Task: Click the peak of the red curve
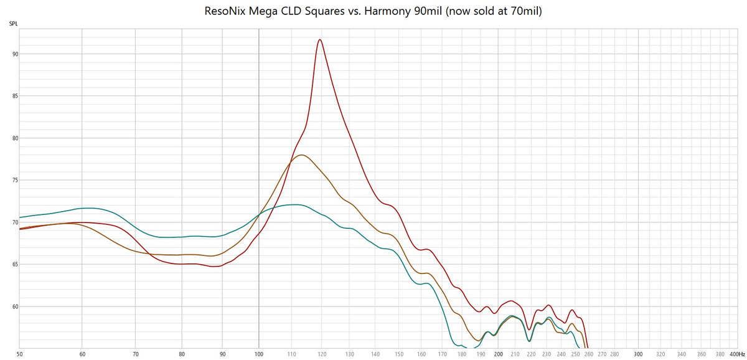point(320,40)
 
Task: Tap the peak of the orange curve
point(301,155)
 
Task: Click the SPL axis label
point(13,24)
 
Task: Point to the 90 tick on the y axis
point(14,54)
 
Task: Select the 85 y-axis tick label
point(14,96)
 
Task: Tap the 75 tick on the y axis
point(14,181)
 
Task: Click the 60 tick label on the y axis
point(14,306)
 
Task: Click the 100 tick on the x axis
point(258,354)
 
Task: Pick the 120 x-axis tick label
point(321,354)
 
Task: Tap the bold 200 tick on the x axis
point(498,354)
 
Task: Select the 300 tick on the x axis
point(637,354)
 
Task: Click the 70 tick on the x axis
point(135,354)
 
